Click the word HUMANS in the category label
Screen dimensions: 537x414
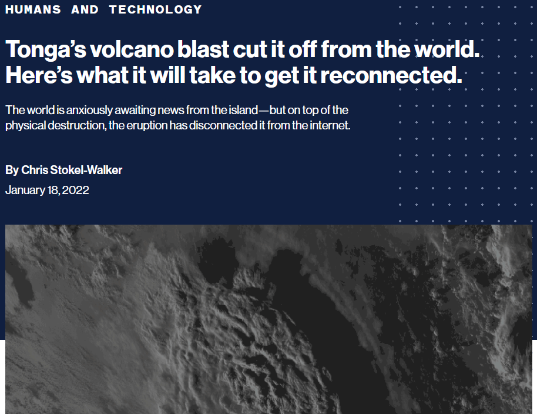tap(33, 9)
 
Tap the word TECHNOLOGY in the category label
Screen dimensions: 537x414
tap(156, 9)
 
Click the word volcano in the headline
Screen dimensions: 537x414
tap(132, 49)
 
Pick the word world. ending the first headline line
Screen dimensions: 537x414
tap(447, 49)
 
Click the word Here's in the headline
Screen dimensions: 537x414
tap(39, 75)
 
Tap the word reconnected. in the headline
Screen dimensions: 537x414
tap(391, 75)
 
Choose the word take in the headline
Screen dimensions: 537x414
tap(212, 75)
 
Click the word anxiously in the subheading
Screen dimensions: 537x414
tap(89, 110)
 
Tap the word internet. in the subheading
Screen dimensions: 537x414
tap(330, 125)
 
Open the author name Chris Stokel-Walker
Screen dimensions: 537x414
tap(72, 170)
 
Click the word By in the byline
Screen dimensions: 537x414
tap(12, 170)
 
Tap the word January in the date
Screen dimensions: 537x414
tap(25, 190)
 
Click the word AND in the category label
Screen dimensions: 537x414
tap(85, 9)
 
